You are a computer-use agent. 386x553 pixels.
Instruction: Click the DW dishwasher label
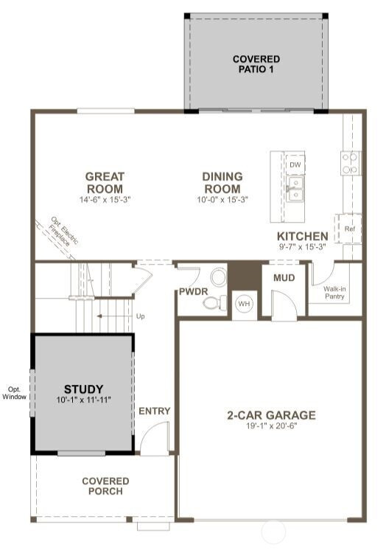click(x=295, y=164)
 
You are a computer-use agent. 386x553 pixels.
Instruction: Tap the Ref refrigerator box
click(x=349, y=228)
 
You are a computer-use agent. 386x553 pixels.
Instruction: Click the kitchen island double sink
click(x=295, y=189)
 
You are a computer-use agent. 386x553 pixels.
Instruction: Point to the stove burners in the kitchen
click(x=351, y=163)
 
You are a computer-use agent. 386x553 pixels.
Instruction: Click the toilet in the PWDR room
click(x=215, y=302)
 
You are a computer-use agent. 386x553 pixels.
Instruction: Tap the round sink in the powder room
click(x=219, y=276)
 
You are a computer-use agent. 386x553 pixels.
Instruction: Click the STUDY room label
click(x=83, y=389)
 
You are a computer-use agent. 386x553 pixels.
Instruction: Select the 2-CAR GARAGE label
click(x=271, y=414)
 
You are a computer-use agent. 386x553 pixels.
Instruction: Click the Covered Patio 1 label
click(x=256, y=64)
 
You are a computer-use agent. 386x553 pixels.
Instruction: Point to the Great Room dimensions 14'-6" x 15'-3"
click(x=105, y=199)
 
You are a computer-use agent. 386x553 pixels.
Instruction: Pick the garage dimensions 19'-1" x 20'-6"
click(x=272, y=425)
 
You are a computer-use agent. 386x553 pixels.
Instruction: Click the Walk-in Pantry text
click(x=334, y=293)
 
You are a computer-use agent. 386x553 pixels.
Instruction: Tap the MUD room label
click(x=284, y=278)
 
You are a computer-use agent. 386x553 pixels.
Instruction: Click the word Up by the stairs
click(x=140, y=316)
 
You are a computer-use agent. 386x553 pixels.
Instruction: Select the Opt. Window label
click(x=15, y=393)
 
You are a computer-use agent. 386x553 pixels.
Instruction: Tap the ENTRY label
click(x=154, y=411)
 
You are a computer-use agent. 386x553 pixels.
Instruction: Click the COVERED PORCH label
click(x=105, y=486)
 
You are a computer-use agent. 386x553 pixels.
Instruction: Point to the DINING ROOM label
click(x=222, y=182)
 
